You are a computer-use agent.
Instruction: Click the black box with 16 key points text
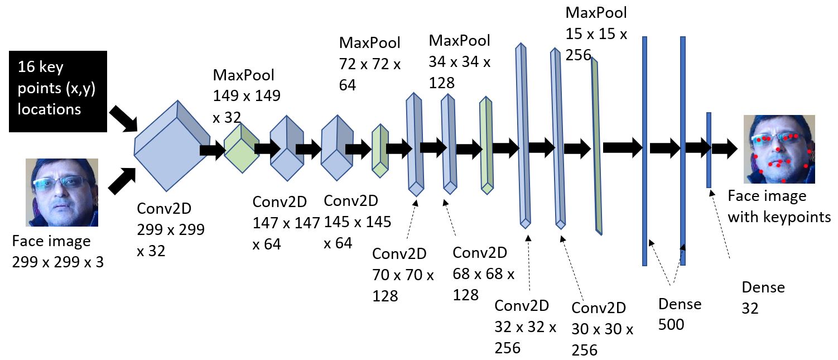point(57,92)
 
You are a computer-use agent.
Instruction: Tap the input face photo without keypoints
point(62,192)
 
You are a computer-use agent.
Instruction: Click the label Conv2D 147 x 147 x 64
point(285,223)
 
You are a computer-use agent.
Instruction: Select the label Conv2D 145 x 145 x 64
point(357,222)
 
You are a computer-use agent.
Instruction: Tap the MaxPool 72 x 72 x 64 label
point(370,64)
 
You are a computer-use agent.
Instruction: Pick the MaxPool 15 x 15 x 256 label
point(596,33)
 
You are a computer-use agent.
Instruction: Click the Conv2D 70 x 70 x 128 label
point(403,275)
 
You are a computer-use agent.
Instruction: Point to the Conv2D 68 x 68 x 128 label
point(483,273)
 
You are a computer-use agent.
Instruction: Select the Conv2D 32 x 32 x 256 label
point(526,327)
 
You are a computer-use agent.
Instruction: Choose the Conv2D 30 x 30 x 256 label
point(603,329)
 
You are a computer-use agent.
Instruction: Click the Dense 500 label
point(680,314)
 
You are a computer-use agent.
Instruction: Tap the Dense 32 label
point(763,297)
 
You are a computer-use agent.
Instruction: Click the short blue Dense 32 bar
point(709,150)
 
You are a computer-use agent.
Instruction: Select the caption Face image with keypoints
point(779,206)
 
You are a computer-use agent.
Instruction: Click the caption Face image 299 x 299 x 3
point(58,251)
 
